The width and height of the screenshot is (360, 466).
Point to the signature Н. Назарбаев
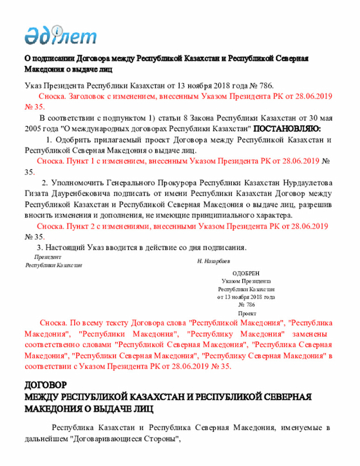point(213,262)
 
